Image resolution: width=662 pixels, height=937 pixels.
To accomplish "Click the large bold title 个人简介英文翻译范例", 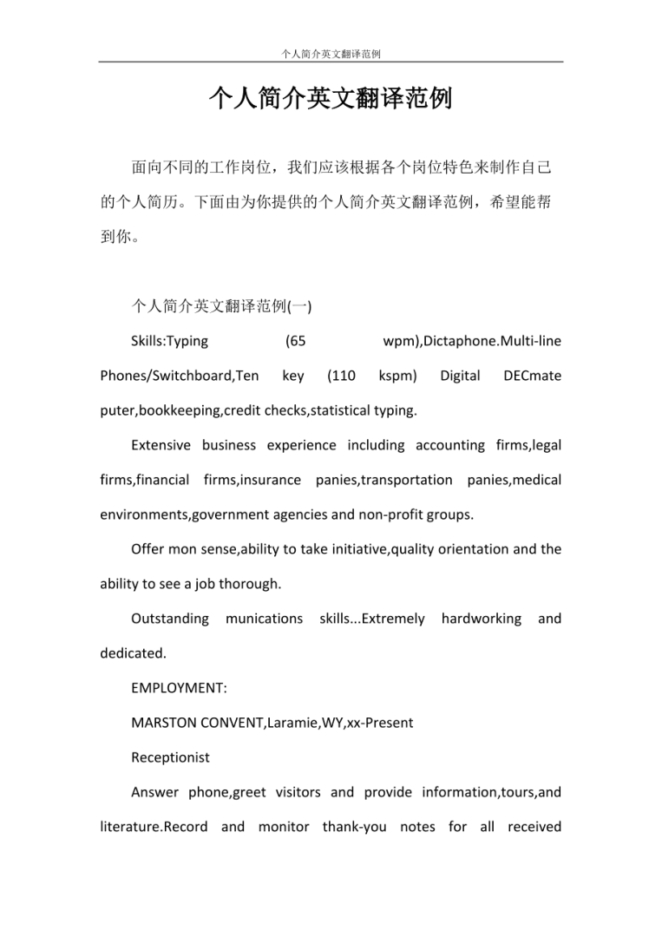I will pos(331,99).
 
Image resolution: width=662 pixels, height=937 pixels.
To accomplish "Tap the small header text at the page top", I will pos(331,54).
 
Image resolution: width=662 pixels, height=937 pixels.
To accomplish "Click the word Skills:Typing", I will pos(169,341).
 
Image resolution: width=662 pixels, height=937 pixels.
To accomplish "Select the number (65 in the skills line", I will pos(295,341).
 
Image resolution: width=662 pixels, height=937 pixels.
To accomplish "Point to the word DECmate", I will pos(532,376).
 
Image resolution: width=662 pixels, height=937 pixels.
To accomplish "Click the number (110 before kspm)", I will pos(341,376).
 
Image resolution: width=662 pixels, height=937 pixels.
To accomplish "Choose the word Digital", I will pos(460,376).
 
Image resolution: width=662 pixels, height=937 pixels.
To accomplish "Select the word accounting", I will pos(450,445).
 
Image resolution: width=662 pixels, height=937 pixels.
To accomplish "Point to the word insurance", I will pos(270,480).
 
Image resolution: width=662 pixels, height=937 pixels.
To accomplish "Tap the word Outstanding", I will pos(170,619).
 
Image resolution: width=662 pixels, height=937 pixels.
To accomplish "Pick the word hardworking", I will pos(481,619).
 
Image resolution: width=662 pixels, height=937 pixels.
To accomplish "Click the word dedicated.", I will pos(130,653).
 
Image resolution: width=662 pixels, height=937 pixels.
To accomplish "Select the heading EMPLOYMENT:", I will pos(179,688).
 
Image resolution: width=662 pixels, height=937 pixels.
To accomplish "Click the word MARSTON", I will pos(162,723).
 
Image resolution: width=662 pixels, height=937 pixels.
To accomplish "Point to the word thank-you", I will pos(354,827).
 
